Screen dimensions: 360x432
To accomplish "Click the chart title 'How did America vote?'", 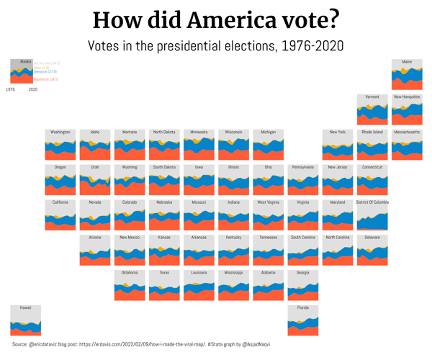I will pos(216,19).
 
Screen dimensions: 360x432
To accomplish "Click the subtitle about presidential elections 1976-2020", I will pos(216,46).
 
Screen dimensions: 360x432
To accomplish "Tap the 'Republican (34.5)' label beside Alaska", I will pos(46,79).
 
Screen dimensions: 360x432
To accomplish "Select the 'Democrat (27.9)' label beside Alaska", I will pos(45,72).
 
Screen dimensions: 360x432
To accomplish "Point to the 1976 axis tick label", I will pos(10,89).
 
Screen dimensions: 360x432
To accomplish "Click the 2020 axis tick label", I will pos(33,89).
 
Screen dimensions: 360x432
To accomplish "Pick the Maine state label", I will pos(407,62).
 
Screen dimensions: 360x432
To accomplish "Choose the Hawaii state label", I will pos(25,307).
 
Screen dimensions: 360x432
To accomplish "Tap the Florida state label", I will pos(303,307).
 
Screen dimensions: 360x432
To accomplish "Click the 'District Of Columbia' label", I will pos(372,202).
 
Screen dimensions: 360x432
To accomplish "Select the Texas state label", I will pos(164,273).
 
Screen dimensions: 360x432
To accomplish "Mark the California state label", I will pos(60,202).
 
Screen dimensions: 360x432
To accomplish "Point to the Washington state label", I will pos(60,132).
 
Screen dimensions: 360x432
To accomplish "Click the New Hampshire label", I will pos(407,96).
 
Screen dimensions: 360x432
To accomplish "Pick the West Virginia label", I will pos(269,202).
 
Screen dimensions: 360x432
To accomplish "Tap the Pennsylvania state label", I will pos(303,167).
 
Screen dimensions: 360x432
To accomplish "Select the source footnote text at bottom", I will pos(141,345).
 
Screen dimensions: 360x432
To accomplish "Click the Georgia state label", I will pos(303,273).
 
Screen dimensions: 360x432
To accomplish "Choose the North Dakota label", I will pos(164,132).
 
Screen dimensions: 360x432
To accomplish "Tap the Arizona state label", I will pos(95,237).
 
